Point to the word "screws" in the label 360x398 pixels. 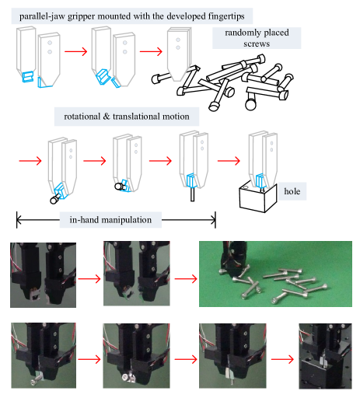pos(257,44)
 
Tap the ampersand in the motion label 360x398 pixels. pos(107,117)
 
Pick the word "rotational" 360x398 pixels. pos(82,117)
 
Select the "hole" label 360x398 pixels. pos(292,191)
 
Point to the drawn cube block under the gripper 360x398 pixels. pos(258,197)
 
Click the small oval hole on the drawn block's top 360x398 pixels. pos(245,187)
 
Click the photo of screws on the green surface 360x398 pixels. pos(275,274)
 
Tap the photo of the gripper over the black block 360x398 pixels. pos(325,356)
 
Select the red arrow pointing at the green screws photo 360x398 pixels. pos(186,279)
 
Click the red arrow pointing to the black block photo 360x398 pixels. pos(282,359)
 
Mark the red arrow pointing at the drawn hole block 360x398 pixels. pos(229,161)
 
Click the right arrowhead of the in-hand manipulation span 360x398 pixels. pos(215,220)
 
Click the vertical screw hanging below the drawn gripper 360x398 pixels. pos(192,194)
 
